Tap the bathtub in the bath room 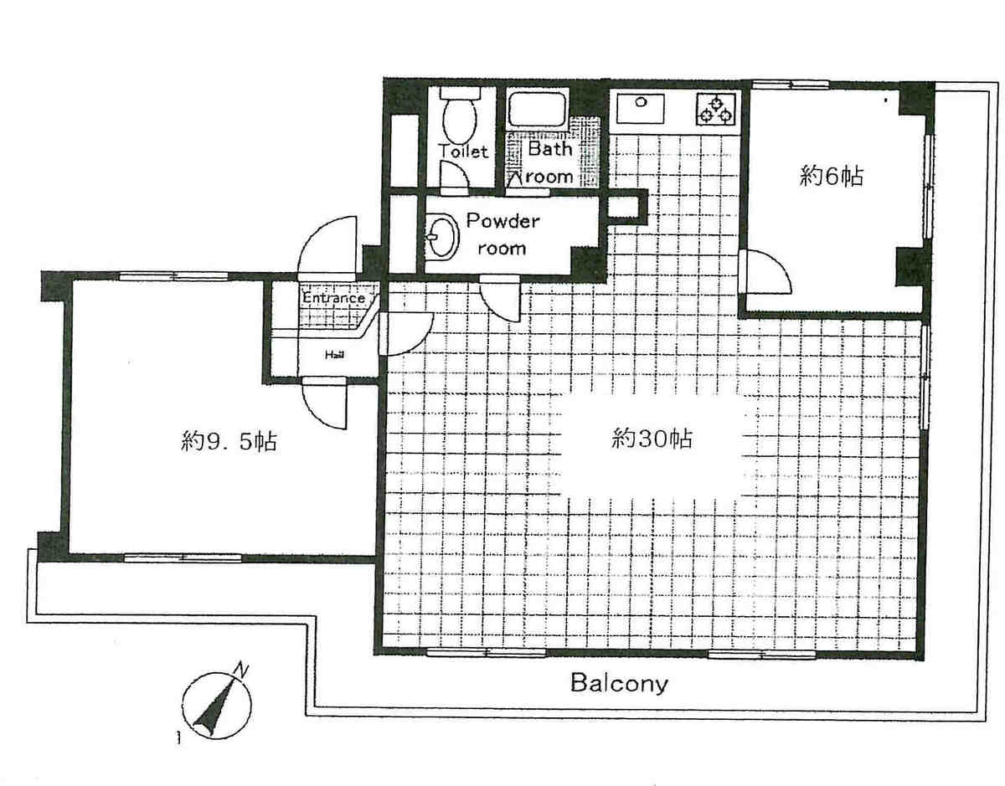pos(537,110)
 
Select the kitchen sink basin pos(640,108)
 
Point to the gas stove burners pos(716,109)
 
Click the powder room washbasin pos(441,237)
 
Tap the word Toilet pos(463,152)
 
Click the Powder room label pos(502,234)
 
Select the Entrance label pos(333,298)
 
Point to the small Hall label pos(334,355)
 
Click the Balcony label pos(619,683)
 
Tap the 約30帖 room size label pos(652,438)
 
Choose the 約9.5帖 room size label pos(229,441)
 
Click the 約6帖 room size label pos(831,176)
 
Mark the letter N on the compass pos(241,670)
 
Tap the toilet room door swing pos(455,175)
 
